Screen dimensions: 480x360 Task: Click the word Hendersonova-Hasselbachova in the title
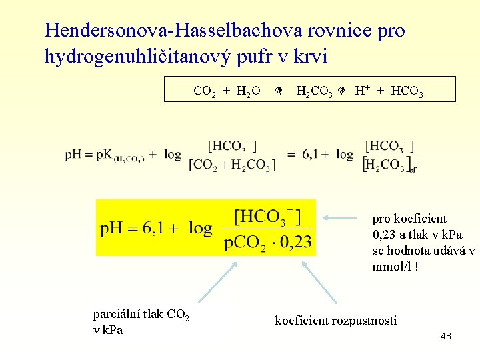[168, 31]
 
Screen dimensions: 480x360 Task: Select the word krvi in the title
[309, 57]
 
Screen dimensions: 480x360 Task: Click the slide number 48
[445, 336]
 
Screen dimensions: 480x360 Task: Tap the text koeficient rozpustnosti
[335, 321]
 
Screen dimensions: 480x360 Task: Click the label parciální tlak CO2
[141, 314]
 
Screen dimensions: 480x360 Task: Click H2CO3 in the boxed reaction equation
[314, 91]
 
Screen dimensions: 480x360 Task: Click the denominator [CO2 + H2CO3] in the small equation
[231, 165]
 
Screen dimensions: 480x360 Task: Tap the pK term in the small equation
[106, 155]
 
